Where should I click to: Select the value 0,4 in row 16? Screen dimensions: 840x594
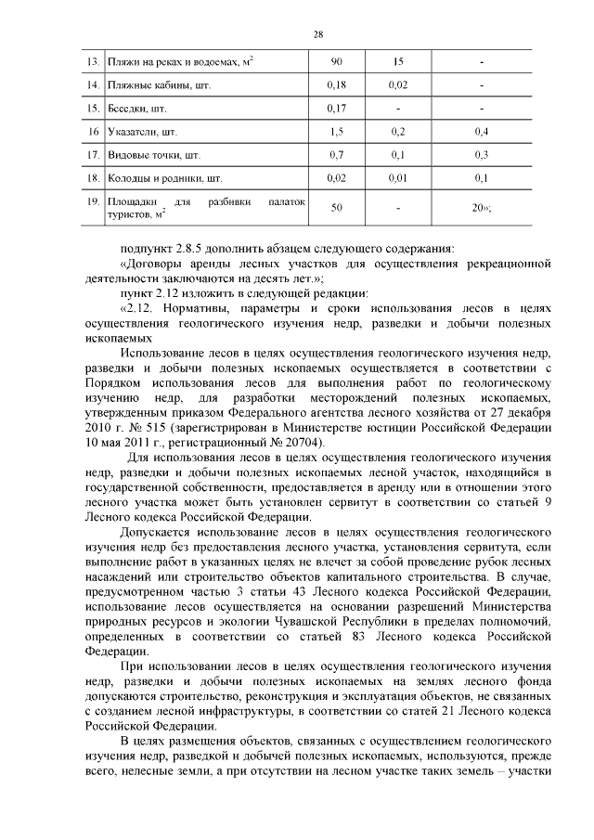pyautogui.click(x=481, y=132)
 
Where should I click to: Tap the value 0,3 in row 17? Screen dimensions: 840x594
pyautogui.click(x=481, y=154)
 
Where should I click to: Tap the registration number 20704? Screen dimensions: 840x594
pyautogui.click(x=300, y=444)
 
